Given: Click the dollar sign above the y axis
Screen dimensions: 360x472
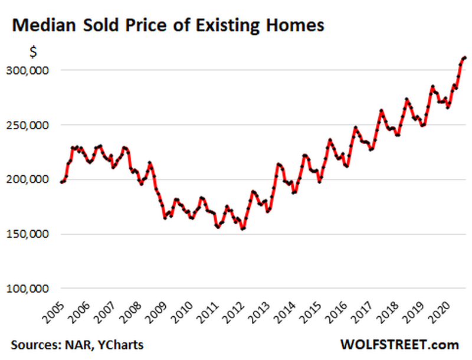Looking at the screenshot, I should click(x=34, y=52).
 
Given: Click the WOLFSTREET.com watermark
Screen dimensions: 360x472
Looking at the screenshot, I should click(x=399, y=344).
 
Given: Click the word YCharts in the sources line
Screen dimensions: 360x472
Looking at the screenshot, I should click(x=122, y=344).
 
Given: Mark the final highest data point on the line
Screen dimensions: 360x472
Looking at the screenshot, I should click(x=465, y=57).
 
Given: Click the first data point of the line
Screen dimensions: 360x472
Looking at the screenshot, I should click(x=61, y=182).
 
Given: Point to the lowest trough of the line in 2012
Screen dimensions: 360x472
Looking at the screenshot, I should click(x=243, y=228).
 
